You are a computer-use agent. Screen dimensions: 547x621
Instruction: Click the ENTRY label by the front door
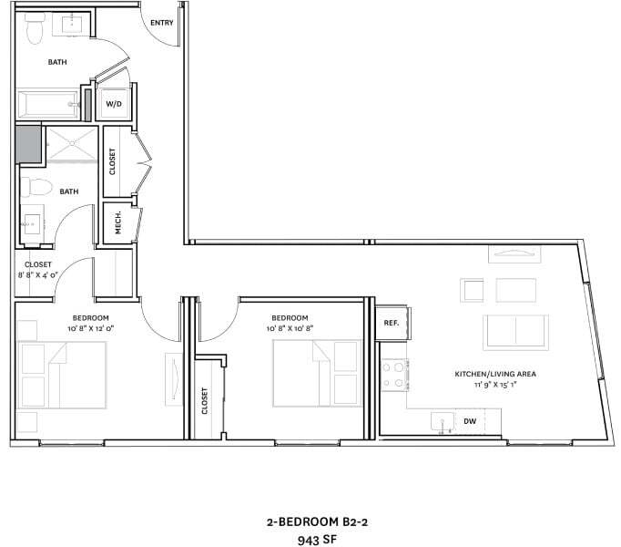(x=161, y=23)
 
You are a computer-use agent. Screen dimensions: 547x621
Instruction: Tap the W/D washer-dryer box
(x=115, y=104)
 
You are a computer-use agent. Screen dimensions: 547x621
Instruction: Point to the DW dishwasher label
(x=470, y=421)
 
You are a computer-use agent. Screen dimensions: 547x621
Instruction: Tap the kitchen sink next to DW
(x=443, y=422)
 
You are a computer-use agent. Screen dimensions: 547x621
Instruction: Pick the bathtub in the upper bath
(x=50, y=103)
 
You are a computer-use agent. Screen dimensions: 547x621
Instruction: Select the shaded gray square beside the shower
(x=28, y=144)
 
